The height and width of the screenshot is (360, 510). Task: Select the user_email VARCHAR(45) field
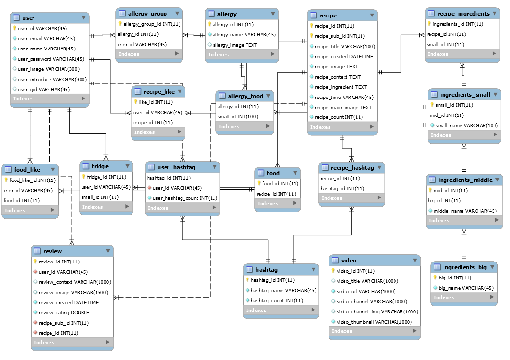coord(47,38)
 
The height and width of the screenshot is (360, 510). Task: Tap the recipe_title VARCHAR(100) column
coord(345,46)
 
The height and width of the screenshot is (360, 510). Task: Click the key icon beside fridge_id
coord(83,177)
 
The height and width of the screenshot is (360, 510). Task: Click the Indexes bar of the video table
coord(374,331)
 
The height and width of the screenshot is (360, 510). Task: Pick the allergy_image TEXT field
coord(235,45)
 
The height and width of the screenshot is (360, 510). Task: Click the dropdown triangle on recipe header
coord(372,16)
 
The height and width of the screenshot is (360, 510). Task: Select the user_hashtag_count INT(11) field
coord(184,198)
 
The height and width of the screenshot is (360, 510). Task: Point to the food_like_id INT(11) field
coord(33,180)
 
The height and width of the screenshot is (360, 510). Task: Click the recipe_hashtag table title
coord(352,168)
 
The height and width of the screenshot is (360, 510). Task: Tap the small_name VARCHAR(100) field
coord(466,125)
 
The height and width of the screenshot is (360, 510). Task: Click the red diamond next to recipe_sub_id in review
coord(35,323)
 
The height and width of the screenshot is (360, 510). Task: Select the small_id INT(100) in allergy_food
coord(238,116)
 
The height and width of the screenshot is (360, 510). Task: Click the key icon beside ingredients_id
coord(429,24)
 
